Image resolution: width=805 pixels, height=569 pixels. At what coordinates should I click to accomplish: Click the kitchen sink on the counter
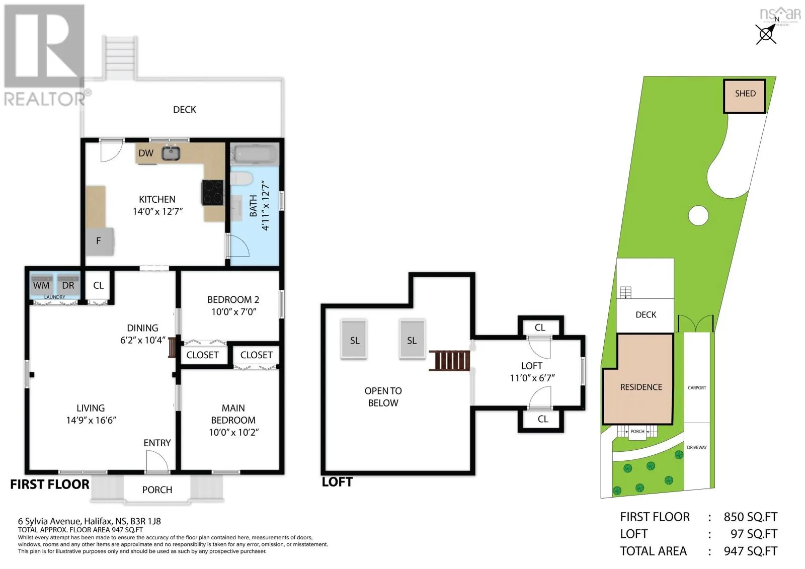[171, 153]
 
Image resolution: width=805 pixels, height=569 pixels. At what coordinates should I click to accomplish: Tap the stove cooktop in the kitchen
[213, 192]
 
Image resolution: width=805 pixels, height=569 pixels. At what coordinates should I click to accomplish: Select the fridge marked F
[100, 241]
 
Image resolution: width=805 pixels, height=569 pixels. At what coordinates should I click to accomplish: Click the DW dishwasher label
[146, 153]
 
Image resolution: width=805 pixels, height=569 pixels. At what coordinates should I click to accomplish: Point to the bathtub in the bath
[255, 155]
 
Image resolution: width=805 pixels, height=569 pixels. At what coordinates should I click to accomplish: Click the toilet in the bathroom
[242, 179]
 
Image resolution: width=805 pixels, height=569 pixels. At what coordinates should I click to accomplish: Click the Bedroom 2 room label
[233, 299]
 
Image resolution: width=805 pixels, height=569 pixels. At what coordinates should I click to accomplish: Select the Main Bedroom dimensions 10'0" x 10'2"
[234, 432]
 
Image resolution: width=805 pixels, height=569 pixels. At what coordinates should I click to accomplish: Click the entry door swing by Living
[157, 461]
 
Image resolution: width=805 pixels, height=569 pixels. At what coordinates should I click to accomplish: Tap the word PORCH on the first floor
[157, 490]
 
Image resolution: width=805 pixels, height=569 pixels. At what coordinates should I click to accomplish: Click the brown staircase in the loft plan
[450, 360]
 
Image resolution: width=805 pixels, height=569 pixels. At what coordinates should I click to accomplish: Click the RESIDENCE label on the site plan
[641, 387]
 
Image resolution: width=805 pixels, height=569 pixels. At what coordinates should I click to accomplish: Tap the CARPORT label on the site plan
[697, 388]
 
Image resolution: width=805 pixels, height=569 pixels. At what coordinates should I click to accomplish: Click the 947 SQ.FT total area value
[750, 551]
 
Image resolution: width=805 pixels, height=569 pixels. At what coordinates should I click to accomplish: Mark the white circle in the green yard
[698, 216]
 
